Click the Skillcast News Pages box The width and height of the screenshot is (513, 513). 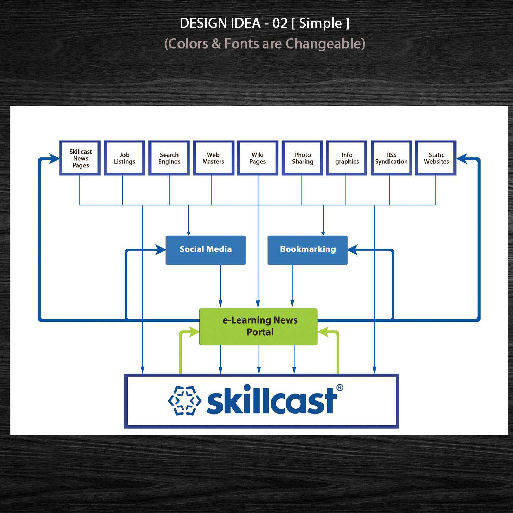click(x=80, y=158)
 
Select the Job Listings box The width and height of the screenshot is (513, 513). click(x=124, y=158)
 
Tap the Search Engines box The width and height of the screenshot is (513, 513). click(x=169, y=158)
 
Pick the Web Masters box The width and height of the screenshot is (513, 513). click(x=213, y=158)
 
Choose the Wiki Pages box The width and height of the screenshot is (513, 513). click(x=258, y=158)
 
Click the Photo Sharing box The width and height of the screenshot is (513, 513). click(x=302, y=158)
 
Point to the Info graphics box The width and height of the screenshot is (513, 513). click(x=347, y=158)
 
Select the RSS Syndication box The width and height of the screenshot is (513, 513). click(x=391, y=158)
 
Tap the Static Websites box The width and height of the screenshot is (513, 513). click(x=436, y=158)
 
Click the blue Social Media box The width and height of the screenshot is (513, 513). click(x=206, y=250)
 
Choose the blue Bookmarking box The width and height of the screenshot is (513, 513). click(x=308, y=250)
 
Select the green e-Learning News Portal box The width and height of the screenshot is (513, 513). click(x=259, y=327)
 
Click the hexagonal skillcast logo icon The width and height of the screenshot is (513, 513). click(x=185, y=400)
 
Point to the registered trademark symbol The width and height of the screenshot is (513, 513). click(x=340, y=387)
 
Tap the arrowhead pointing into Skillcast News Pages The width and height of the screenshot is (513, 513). click(x=54, y=159)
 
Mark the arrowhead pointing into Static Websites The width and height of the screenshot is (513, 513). click(x=462, y=159)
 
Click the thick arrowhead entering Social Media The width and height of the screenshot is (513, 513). click(x=160, y=250)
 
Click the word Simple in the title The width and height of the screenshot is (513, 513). click(x=320, y=23)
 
